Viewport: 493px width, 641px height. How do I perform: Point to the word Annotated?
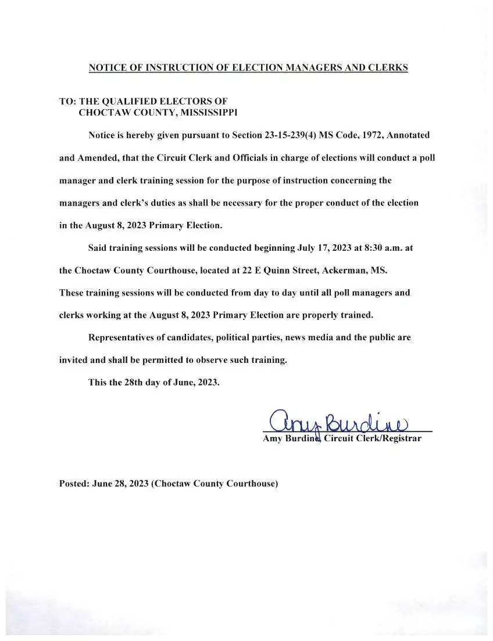pos(408,135)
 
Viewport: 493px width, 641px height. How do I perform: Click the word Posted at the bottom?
pos(73,483)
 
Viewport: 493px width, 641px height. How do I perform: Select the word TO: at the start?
pos(67,102)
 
